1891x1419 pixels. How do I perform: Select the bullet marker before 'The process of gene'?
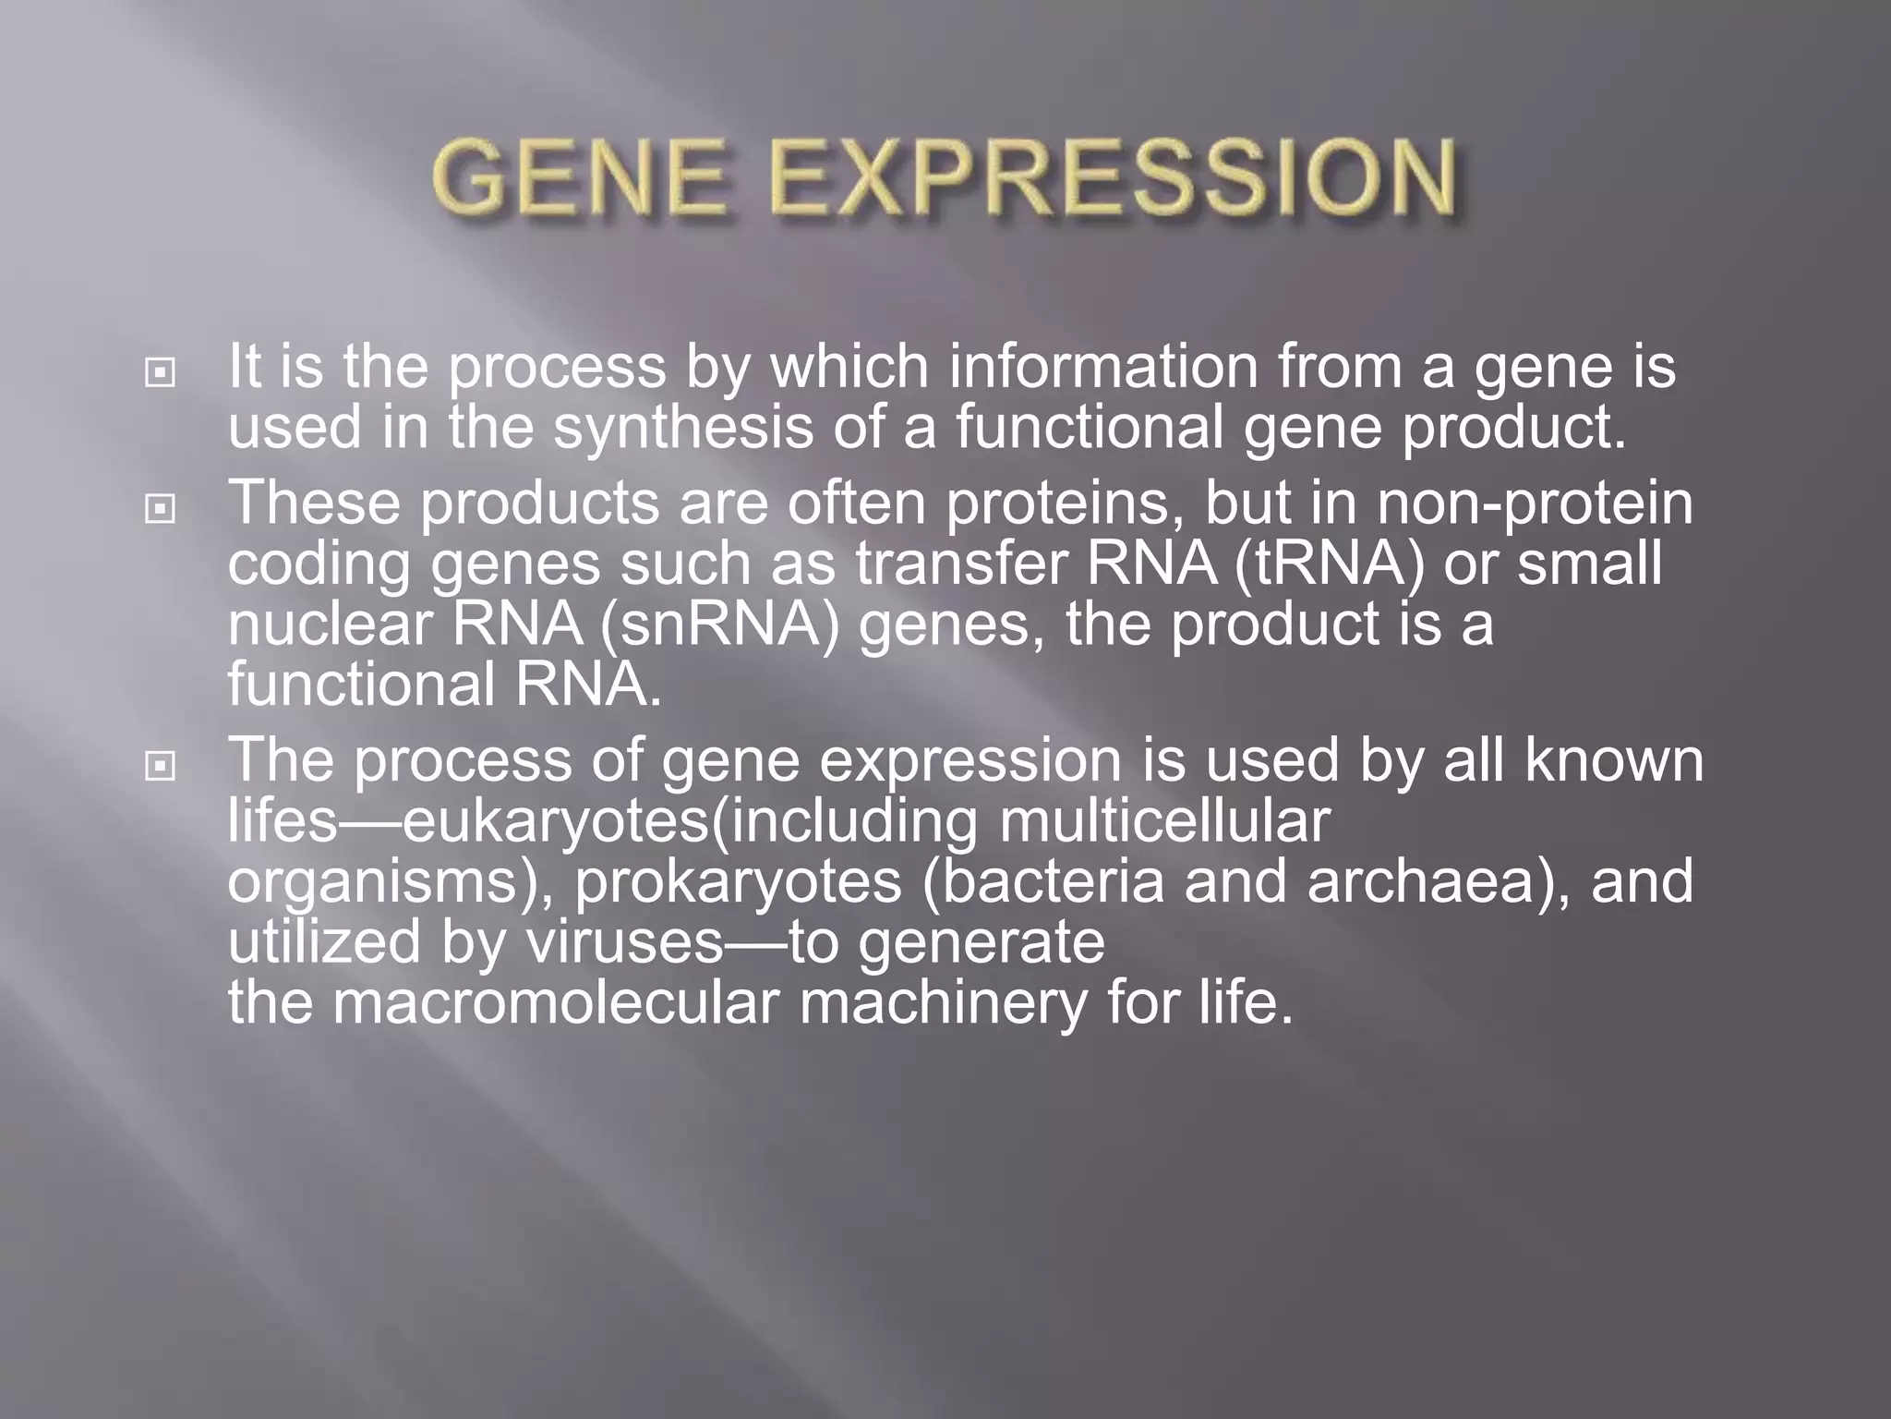[x=161, y=766]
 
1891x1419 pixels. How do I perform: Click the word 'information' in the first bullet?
[x=1103, y=367]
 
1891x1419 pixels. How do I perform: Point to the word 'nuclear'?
[x=330, y=625]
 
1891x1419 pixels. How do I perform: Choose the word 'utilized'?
[x=324, y=942]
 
